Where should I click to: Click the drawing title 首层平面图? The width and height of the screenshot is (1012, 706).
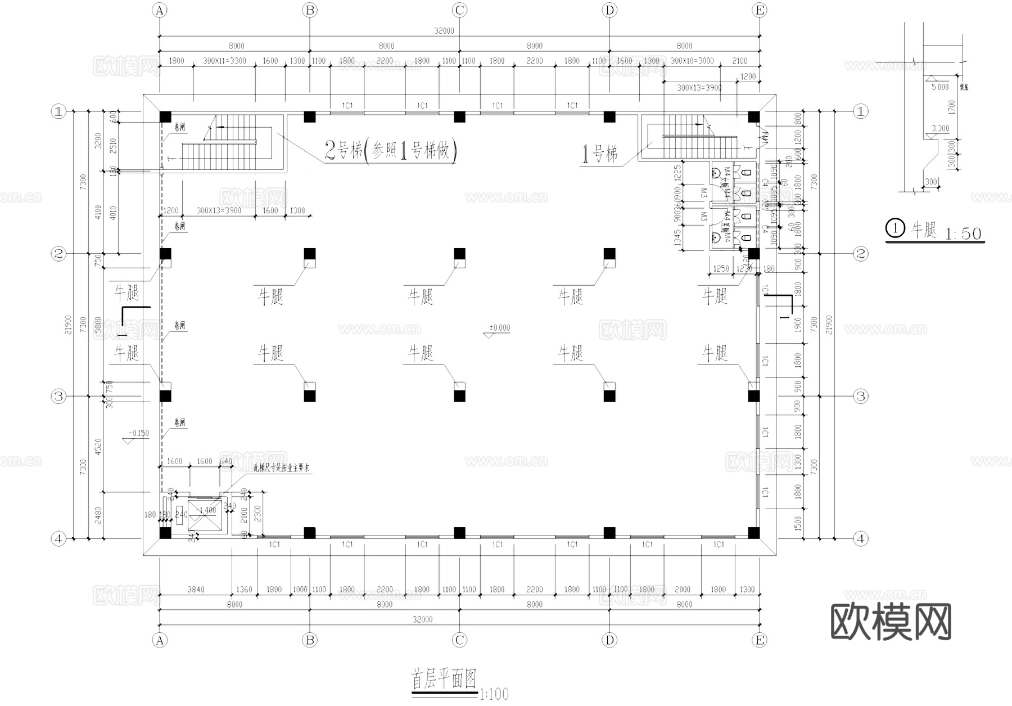pyautogui.click(x=444, y=679)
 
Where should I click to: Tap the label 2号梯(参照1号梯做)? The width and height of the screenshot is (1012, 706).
pyautogui.click(x=390, y=150)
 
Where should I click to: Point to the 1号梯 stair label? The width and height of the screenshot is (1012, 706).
pyautogui.click(x=600, y=153)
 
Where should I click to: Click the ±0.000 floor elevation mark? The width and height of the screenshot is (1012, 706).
pyautogui.click(x=499, y=328)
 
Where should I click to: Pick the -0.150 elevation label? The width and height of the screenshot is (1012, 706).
pyautogui.click(x=138, y=433)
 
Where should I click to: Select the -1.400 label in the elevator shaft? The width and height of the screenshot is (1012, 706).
pyautogui.click(x=206, y=510)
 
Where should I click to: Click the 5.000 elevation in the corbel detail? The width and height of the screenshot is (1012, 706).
pyautogui.click(x=939, y=87)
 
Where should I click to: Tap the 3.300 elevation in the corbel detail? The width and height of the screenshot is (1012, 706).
pyautogui.click(x=940, y=128)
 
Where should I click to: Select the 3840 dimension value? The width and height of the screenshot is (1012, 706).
pyautogui.click(x=195, y=590)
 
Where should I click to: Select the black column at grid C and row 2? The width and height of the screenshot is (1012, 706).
pyautogui.click(x=459, y=254)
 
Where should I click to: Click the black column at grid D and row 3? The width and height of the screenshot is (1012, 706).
pyautogui.click(x=609, y=396)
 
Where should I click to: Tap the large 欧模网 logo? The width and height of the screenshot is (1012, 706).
pyautogui.click(x=891, y=622)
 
